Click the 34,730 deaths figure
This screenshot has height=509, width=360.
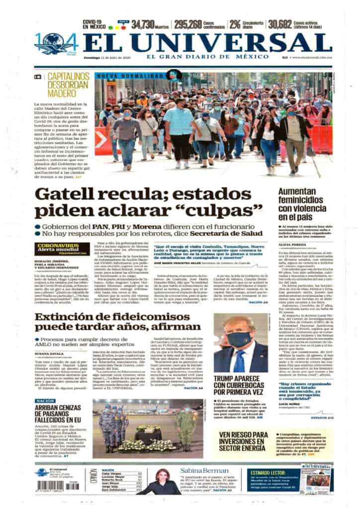(x=146, y=24)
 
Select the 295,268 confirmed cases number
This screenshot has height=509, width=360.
(x=188, y=24)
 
